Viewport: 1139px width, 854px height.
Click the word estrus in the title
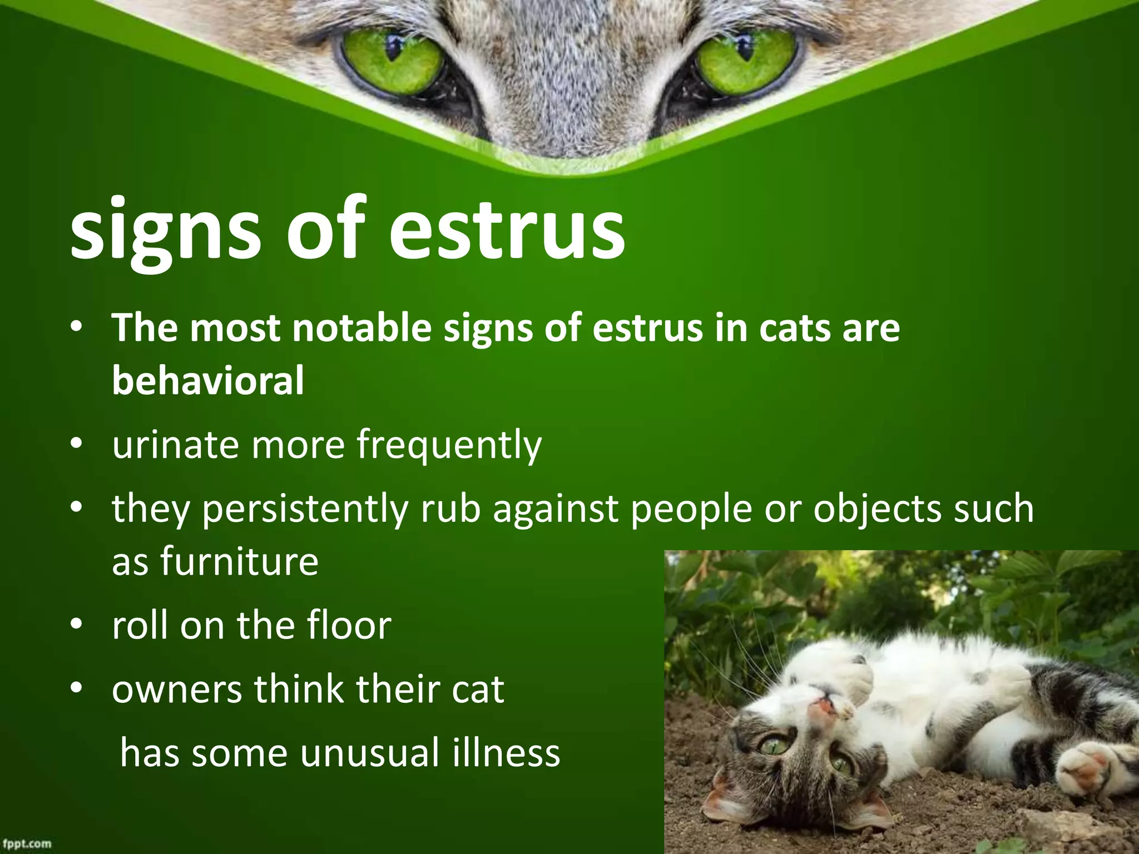[x=507, y=229]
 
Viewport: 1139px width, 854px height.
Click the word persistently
[x=305, y=509]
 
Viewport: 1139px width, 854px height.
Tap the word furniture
[x=240, y=562]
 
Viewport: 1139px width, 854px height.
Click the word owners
[x=177, y=689]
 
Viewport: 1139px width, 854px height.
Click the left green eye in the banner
[x=393, y=60]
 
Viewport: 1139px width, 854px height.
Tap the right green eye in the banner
[x=746, y=60]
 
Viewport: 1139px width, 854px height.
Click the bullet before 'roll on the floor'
[x=77, y=624]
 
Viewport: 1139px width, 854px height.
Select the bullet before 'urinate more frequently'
[x=77, y=444]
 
